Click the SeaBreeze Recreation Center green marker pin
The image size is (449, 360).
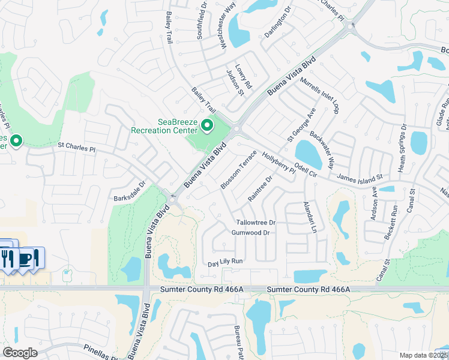(207, 126)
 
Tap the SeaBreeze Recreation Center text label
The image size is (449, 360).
(164, 126)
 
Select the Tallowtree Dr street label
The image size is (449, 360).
(255, 223)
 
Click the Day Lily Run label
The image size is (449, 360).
(224, 262)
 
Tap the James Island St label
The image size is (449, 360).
(360, 178)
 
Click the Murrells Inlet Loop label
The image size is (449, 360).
(320, 95)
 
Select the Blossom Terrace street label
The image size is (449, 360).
(238, 170)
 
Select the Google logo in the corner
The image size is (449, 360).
(20, 353)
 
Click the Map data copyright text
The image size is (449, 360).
(423, 355)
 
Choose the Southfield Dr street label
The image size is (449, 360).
(202, 23)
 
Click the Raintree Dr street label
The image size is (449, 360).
(260, 188)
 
